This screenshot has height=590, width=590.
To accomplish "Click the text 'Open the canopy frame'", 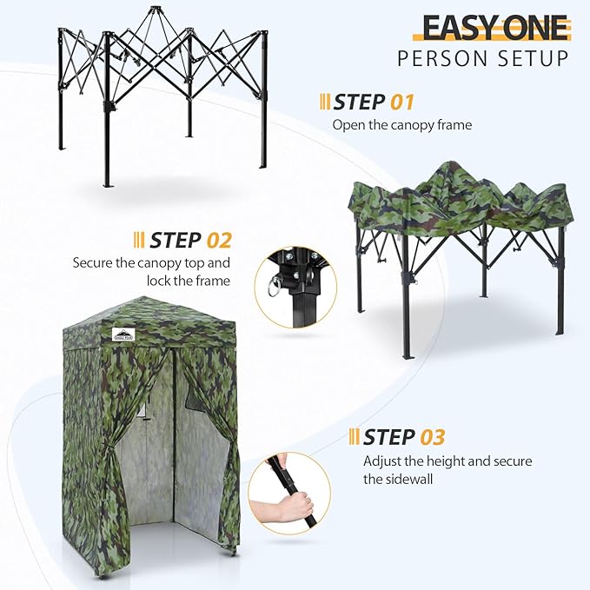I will tap(401, 125).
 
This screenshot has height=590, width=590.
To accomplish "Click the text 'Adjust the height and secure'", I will tap(447, 461).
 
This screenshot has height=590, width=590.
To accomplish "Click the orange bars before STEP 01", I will tap(325, 102).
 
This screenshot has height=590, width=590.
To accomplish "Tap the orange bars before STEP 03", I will tap(354, 436).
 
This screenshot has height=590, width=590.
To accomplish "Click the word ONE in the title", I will tap(533, 28).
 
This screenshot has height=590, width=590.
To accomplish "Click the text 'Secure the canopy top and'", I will tap(151, 262).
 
